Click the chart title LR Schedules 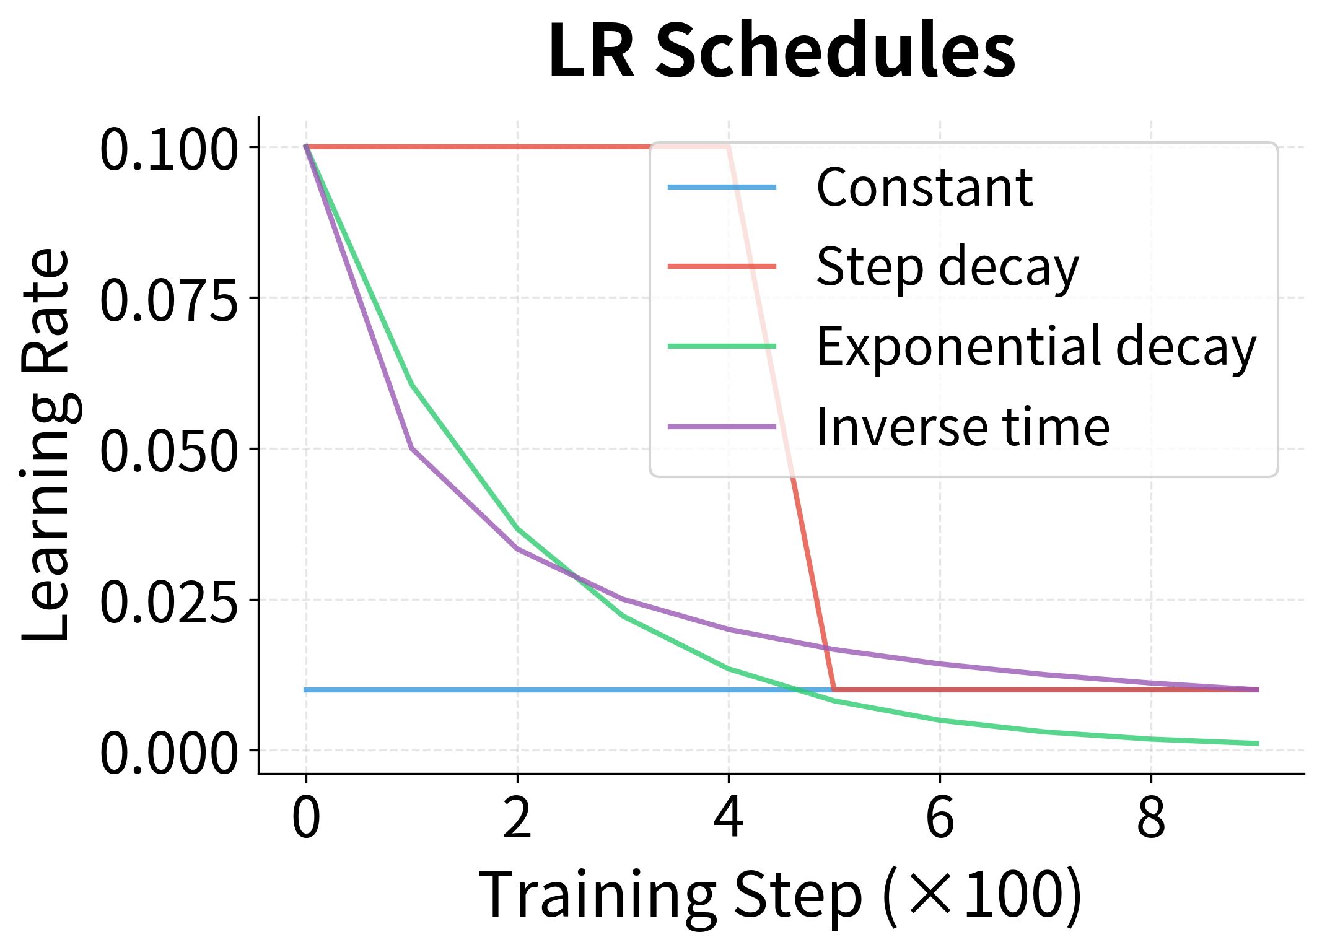coord(782,51)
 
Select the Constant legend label coord(924,187)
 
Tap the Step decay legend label coord(947,267)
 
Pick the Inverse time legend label coord(963,427)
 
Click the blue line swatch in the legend coord(722,187)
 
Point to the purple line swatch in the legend coord(722,427)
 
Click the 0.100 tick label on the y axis coord(169,150)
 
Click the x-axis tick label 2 coord(517,817)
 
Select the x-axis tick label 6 coord(940,817)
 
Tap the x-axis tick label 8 coord(1151,817)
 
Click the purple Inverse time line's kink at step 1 coord(412,448)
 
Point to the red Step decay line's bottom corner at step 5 coord(834,689)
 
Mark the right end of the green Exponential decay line coord(1258,743)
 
